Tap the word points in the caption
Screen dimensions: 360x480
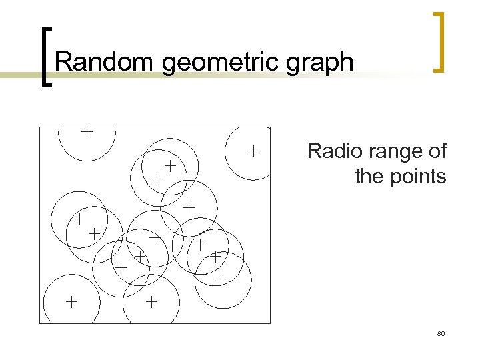pyautogui.click(x=419, y=177)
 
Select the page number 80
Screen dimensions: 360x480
pyautogui.click(x=441, y=333)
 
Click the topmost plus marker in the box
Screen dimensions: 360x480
pyautogui.click(x=87, y=132)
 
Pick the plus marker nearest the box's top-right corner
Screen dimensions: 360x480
pyautogui.click(x=253, y=151)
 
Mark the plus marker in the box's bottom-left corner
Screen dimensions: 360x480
pyautogui.click(x=71, y=302)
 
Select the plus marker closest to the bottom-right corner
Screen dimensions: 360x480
pyautogui.click(x=223, y=277)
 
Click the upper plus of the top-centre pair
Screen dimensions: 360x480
pyautogui.click(x=171, y=165)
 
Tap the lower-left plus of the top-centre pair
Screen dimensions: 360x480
pyautogui.click(x=159, y=177)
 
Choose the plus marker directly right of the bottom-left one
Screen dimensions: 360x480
pyautogui.click(x=151, y=302)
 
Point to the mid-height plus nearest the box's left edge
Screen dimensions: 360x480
pyautogui.click(x=79, y=218)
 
